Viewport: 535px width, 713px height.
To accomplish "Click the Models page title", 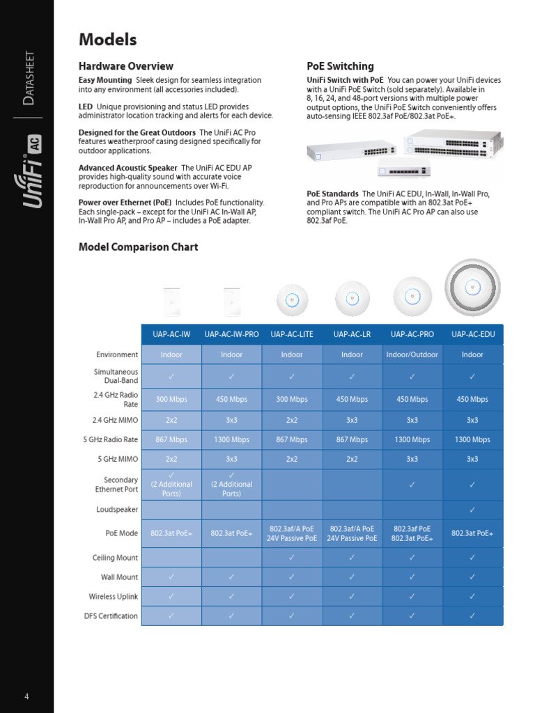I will tap(107, 40).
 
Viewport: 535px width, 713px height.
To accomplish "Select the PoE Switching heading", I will tap(340, 66).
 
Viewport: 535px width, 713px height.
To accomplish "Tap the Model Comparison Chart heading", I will tap(138, 247).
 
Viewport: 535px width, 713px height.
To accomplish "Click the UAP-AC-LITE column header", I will tap(292, 334).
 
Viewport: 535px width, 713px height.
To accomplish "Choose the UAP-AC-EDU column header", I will tap(472, 334).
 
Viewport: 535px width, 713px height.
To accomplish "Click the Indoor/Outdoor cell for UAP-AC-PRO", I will tap(412, 354).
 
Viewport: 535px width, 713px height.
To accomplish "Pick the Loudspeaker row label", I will tap(116, 510).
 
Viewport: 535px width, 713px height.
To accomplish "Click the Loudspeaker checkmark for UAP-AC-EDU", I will tap(472, 510).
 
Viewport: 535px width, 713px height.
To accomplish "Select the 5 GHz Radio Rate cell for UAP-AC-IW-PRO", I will tap(231, 440).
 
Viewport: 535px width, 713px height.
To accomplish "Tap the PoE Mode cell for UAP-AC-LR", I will tap(352, 533).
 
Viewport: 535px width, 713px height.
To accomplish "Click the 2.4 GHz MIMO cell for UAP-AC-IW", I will tap(171, 421).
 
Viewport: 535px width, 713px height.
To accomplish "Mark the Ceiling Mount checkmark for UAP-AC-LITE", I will tap(292, 558).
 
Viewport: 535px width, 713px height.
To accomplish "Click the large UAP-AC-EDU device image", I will tap(472, 286).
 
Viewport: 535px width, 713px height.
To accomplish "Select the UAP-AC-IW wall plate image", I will tap(171, 300).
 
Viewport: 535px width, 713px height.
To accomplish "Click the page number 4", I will tap(26, 697).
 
